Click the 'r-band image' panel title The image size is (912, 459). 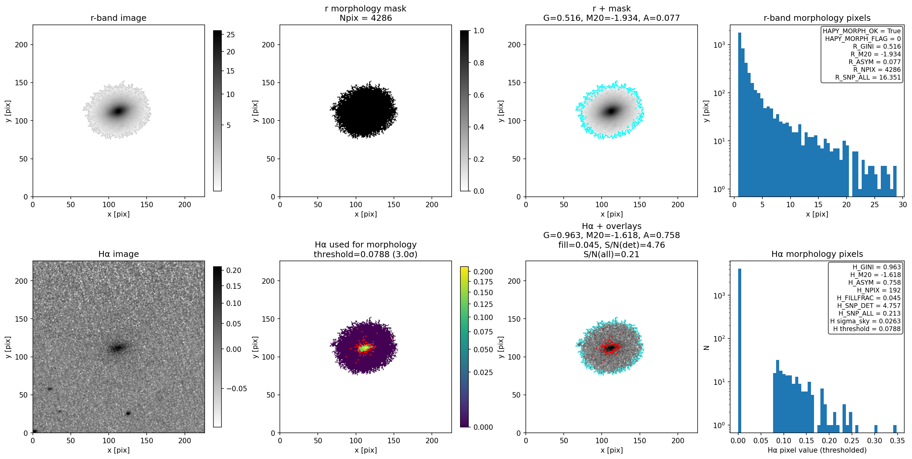pos(118,18)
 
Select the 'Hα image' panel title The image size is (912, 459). pos(118,254)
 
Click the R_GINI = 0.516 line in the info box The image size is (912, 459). pos(876,46)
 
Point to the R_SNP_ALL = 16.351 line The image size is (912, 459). pos(868,77)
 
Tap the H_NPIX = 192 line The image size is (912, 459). pos(879,290)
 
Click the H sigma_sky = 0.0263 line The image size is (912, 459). pos(865,321)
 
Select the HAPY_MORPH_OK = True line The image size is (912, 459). pos(861,31)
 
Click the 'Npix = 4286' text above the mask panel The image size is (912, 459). pos(365,18)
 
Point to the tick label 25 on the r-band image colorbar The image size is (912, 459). pos(231,35)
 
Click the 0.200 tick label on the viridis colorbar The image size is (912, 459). pos(483,272)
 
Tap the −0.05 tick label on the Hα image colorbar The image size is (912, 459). pos(237,388)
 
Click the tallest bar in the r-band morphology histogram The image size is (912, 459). pos(740,115)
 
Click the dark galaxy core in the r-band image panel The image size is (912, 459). pos(118,111)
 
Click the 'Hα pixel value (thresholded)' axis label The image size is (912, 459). pos(817,450)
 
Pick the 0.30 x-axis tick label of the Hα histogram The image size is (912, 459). pos(874,441)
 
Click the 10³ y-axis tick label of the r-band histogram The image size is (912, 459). pos(719,45)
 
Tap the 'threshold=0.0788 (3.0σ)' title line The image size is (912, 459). pos(365,254)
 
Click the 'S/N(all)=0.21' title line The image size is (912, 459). pos(611,254)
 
